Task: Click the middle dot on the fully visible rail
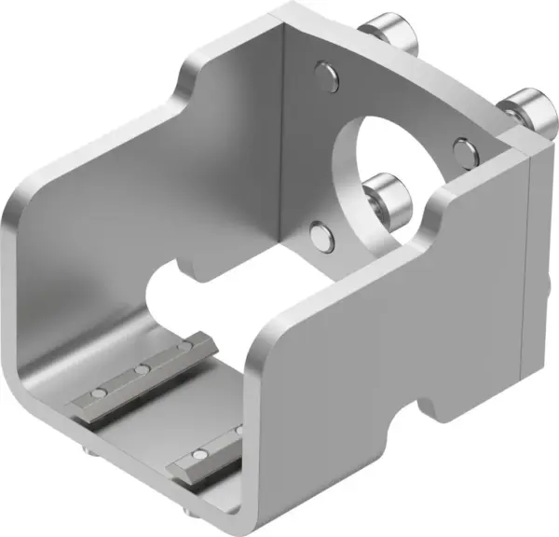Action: pos(142,369)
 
